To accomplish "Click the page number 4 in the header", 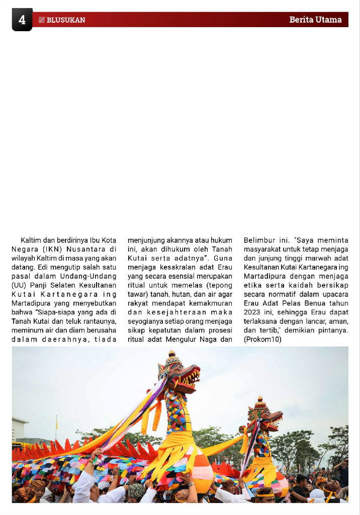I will tap(22, 20).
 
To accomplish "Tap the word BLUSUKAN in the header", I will tap(66, 20).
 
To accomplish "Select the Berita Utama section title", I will tap(315, 20).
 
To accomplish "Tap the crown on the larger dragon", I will tap(172, 358).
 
